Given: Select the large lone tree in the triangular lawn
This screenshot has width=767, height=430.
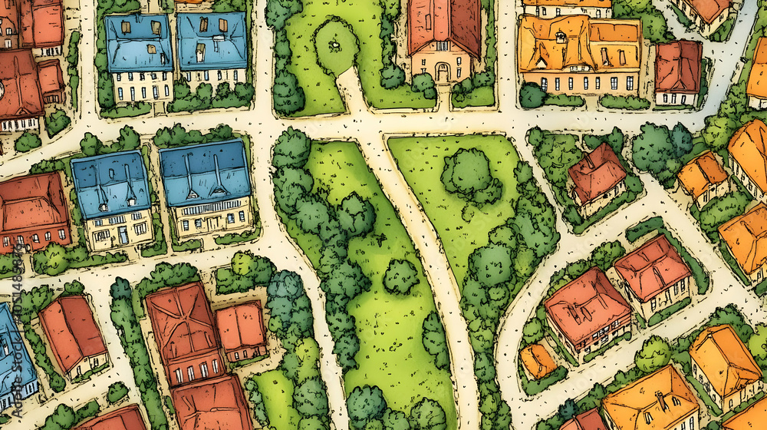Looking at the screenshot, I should pos(469,173).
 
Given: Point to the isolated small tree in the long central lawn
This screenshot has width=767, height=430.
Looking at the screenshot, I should pos(400,276).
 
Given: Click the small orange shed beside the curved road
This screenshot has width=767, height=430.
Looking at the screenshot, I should pos(537,361).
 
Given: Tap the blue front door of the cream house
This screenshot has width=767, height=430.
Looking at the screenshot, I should pos(123,235).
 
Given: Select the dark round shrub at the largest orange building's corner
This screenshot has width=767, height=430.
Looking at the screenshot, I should pos(532,96).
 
